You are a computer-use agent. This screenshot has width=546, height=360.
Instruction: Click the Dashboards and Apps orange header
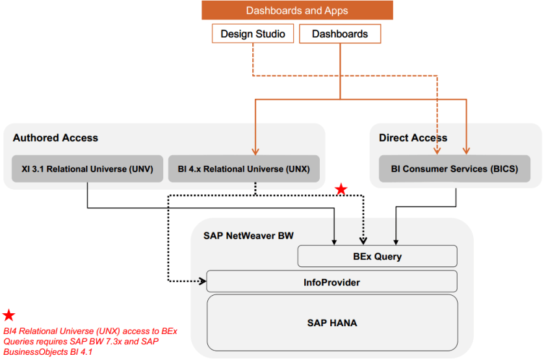point(297,10)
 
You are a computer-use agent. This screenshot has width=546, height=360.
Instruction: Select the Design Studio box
point(253,34)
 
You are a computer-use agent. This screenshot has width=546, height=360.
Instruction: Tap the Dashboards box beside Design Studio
point(340,34)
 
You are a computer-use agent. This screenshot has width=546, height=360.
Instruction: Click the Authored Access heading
point(55,138)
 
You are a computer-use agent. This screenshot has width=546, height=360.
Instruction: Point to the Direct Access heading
point(413,138)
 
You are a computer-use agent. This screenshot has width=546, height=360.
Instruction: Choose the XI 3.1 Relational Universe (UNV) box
point(87,169)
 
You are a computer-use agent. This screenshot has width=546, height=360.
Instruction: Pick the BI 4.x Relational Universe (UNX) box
point(244,169)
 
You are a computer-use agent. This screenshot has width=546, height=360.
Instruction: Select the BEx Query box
point(377,256)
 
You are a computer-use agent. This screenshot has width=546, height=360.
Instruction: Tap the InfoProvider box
point(331,282)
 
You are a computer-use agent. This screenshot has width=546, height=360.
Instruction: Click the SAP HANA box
point(331,322)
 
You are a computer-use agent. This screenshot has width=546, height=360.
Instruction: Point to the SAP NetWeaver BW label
point(248,236)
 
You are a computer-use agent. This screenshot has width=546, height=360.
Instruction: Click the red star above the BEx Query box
point(341,189)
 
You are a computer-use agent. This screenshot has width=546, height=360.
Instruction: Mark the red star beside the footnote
point(9,316)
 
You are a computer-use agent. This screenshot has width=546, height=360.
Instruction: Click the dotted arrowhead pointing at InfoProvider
point(203,281)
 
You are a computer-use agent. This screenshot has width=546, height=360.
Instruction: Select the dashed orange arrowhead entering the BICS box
point(437,152)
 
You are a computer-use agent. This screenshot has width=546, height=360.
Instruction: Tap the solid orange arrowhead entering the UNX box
point(253,152)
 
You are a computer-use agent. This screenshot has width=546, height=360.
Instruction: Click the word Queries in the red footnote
point(19,342)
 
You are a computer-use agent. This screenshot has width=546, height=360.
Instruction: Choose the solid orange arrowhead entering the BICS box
point(466,152)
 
